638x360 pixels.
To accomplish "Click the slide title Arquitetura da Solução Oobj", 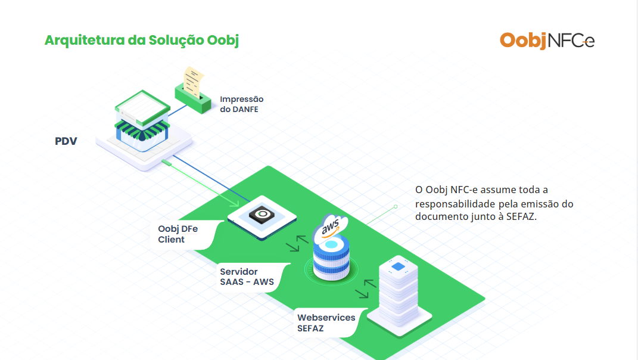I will pos(142,40).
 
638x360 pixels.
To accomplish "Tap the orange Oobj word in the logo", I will pos(523,40).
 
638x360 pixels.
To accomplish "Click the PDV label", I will pos(66,141).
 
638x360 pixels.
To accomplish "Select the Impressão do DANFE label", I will pos(241,104).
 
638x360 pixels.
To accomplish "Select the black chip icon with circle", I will pos(262,215).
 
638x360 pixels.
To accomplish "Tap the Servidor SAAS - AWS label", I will pos(247,277).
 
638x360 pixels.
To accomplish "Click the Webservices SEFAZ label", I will pos(326,322).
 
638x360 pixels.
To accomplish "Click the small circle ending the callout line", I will pos(395,207).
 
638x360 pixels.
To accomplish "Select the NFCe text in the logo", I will pos(570,41).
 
